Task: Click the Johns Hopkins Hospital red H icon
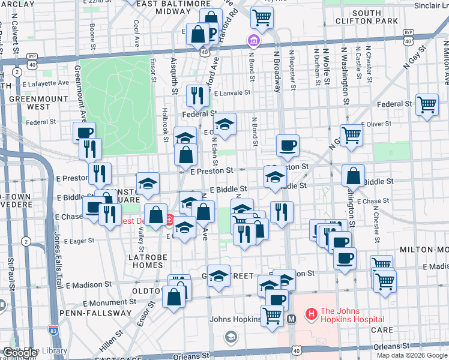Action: click(311, 313)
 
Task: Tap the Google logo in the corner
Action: click(20, 353)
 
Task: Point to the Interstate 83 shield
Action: click(53, 329)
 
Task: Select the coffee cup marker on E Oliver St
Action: click(288, 145)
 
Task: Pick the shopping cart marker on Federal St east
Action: click(426, 104)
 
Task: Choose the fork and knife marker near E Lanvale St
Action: click(197, 94)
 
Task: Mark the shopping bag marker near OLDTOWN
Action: click(173, 296)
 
